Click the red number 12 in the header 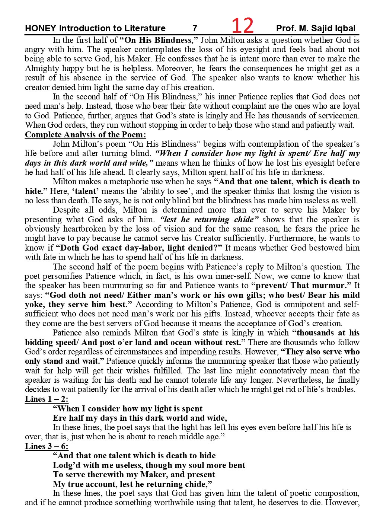click(x=242, y=26)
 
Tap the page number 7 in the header click(x=195, y=28)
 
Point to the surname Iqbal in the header click(x=344, y=28)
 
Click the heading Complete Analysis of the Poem click(x=86, y=134)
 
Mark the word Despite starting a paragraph click(x=67, y=210)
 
